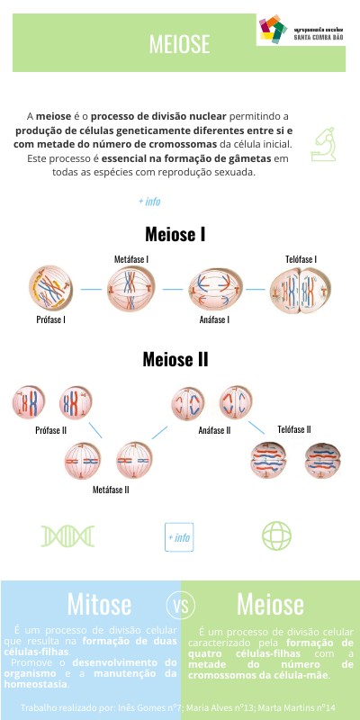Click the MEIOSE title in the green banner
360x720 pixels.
click(179, 44)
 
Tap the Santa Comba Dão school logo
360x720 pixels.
click(300, 31)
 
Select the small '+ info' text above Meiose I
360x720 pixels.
click(149, 202)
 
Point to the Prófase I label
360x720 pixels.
click(51, 319)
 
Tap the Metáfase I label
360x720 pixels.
click(131, 259)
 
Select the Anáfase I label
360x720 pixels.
click(214, 319)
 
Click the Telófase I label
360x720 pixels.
click(301, 259)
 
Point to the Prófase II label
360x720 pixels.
click(51, 430)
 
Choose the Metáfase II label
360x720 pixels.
click(112, 490)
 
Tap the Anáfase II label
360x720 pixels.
click(214, 430)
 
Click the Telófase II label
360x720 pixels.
click(294, 428)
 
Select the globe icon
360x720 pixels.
click(277, 536)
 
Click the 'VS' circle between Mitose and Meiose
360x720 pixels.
click(181, 605)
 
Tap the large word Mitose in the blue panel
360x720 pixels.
click(99, 604)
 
